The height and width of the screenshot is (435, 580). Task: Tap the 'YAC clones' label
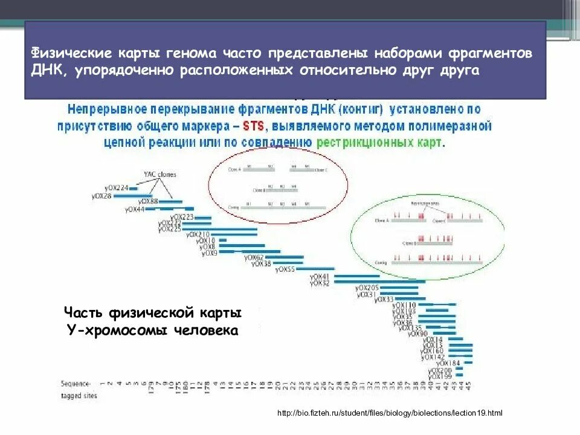pos(159,175)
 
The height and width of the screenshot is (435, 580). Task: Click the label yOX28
pos(101,195)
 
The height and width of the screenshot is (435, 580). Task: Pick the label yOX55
pos(285,269)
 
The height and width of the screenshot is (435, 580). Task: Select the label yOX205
pos(367,287)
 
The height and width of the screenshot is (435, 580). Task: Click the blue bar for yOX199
pos(460,376)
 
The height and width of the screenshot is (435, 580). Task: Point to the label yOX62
pos(254,257)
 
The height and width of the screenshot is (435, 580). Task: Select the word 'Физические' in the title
pos(67,53)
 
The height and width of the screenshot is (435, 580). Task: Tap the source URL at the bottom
pos(390,413)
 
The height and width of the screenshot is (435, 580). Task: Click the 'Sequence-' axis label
pos(76,384)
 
